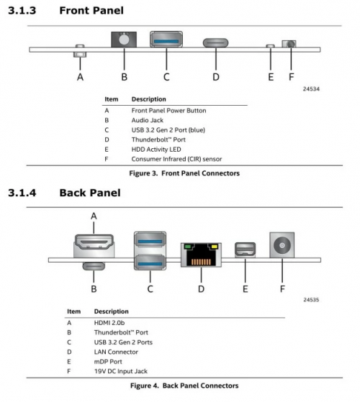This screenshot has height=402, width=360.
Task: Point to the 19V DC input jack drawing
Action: (x=282, y=245)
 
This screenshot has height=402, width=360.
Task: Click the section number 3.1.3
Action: (x=26, y=11)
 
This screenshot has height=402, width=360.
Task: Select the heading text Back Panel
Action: (x=90, y=193)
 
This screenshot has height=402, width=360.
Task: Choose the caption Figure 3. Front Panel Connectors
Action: (x=184, y=173)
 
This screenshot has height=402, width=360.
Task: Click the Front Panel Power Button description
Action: (x=168, y=111)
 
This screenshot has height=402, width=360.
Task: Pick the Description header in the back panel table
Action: (x=111, y=311)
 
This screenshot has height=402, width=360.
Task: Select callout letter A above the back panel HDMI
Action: (x=94, y=215)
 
